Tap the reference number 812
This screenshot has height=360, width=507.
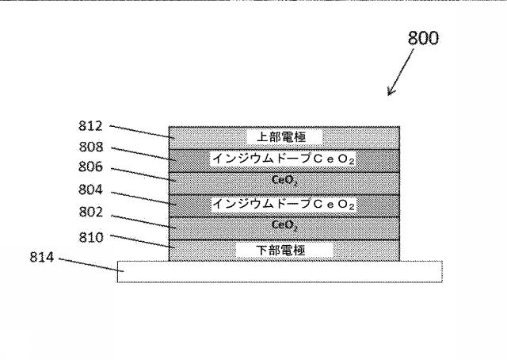(90, 125)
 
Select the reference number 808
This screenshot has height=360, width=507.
(90, 147)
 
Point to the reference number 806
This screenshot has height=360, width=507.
(90, 170)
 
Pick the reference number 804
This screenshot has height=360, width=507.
(90, 193)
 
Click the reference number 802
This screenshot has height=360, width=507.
(90, 215)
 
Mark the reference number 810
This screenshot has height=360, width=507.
(90, 236)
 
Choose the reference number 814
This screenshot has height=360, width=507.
(42, 258)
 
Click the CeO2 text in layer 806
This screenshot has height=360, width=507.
(284, 182)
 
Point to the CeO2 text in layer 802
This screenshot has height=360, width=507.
(284, 226)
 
